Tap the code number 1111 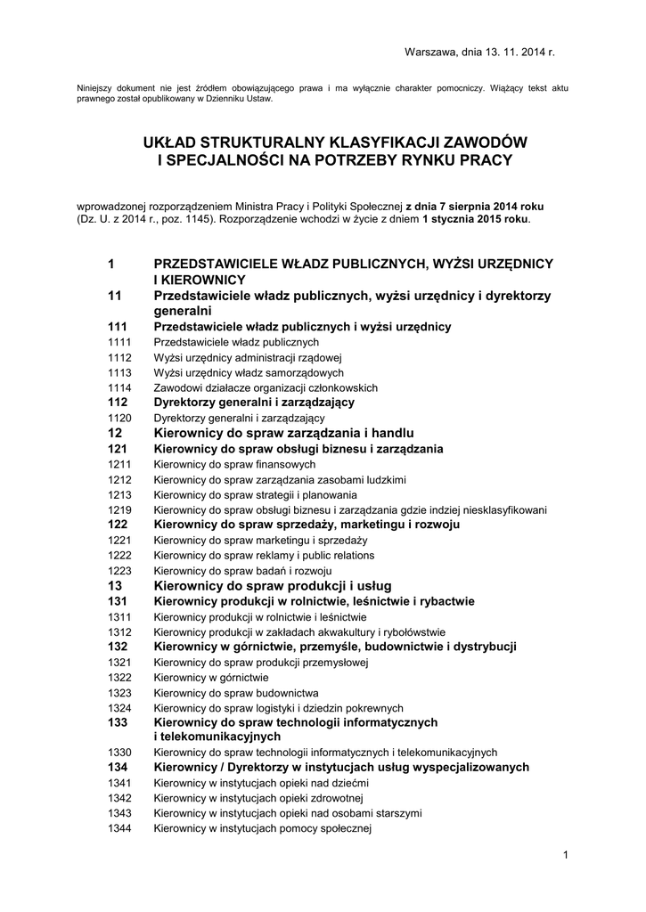119,342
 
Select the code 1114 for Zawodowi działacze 119,387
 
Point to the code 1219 119,510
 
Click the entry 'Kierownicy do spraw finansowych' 234,465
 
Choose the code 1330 119,753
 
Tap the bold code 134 118,767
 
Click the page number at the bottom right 565,856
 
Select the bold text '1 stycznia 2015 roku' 476,218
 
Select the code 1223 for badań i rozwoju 119,570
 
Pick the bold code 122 118,525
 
